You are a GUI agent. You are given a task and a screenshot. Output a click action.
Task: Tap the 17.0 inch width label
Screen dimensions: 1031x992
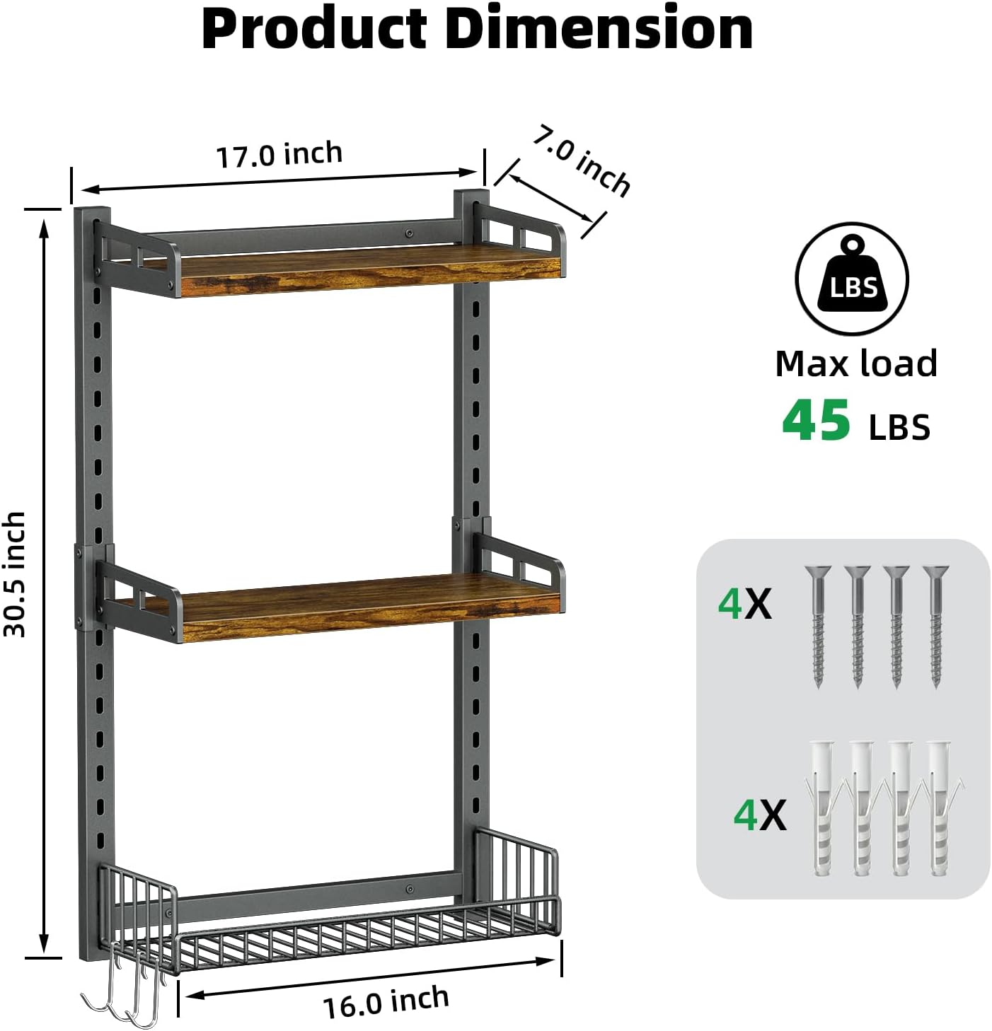(279, 155)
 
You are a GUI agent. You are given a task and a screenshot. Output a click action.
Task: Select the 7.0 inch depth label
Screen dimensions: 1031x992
(581, 160)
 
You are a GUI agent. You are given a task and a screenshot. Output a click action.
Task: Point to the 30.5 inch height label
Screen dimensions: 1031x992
(16, 573)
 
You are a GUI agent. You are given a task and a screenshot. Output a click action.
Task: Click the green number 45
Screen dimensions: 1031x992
(816, 421)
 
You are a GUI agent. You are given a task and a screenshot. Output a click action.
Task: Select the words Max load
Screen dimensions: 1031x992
(856, 364)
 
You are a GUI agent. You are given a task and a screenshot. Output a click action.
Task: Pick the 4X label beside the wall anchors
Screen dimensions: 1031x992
(759, 815)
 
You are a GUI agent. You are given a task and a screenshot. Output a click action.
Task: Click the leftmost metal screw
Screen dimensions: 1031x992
(819, 626)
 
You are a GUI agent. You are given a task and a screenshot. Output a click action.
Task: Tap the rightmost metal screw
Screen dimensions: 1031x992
(936, 626)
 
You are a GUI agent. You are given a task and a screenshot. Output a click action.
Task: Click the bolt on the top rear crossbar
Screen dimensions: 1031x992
(409, 232)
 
